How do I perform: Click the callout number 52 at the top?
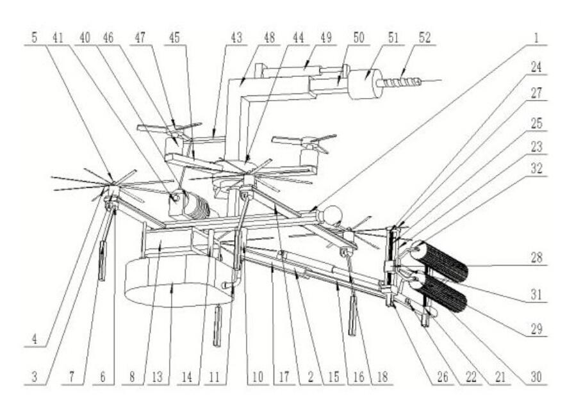[x=425, y=38]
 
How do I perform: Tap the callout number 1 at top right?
[x=536, y=38]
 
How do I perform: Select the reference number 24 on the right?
[x=536, y=67]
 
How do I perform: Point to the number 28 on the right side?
[x=536, y=258]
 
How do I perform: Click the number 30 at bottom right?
[x=536, y=377]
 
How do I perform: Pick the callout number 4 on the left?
[x=35, y=339]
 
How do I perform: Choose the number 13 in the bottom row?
[x=158, y=377]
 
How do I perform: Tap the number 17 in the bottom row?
[x=284, y=377]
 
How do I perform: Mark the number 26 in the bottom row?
[x=443, y=377]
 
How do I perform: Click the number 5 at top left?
[x=35, y=37]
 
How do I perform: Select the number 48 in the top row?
[x=269, y=37]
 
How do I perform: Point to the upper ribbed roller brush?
[x=439, y=261]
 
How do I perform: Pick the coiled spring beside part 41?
[x=197, y=206]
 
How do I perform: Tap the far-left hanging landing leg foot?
[x=103, y=260]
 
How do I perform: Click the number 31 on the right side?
[x=536, y=295]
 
